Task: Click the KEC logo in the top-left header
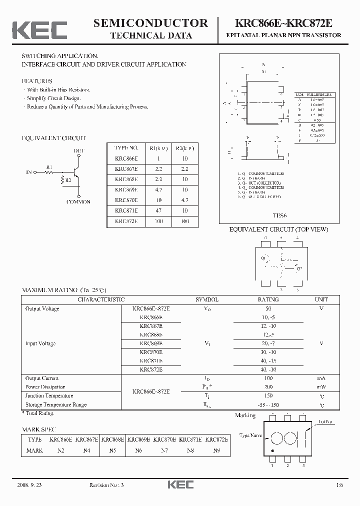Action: click(x=39, y=30)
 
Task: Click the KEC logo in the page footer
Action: click(x=180, y=484)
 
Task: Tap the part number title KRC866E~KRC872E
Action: click(x=283, y=23)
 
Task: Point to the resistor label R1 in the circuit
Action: click(x=49, y=166)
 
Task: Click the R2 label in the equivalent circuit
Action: click(x=68, y=180)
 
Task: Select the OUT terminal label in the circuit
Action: click(x=79, y=150)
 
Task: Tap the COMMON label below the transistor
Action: click(x=78, y=201)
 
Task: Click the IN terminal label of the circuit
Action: click(x=28, y=172)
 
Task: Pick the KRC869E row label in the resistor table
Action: click(x=126, y=190)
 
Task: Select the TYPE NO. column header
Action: click(x=126, y=148)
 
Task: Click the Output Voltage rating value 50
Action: click(x=268, y=308)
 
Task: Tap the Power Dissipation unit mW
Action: click(x=321, y=387)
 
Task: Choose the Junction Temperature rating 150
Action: click(x=268, y=396)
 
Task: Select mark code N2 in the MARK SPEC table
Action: click(x=61, y=450)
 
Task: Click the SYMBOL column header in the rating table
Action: click(x=207, y=299)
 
